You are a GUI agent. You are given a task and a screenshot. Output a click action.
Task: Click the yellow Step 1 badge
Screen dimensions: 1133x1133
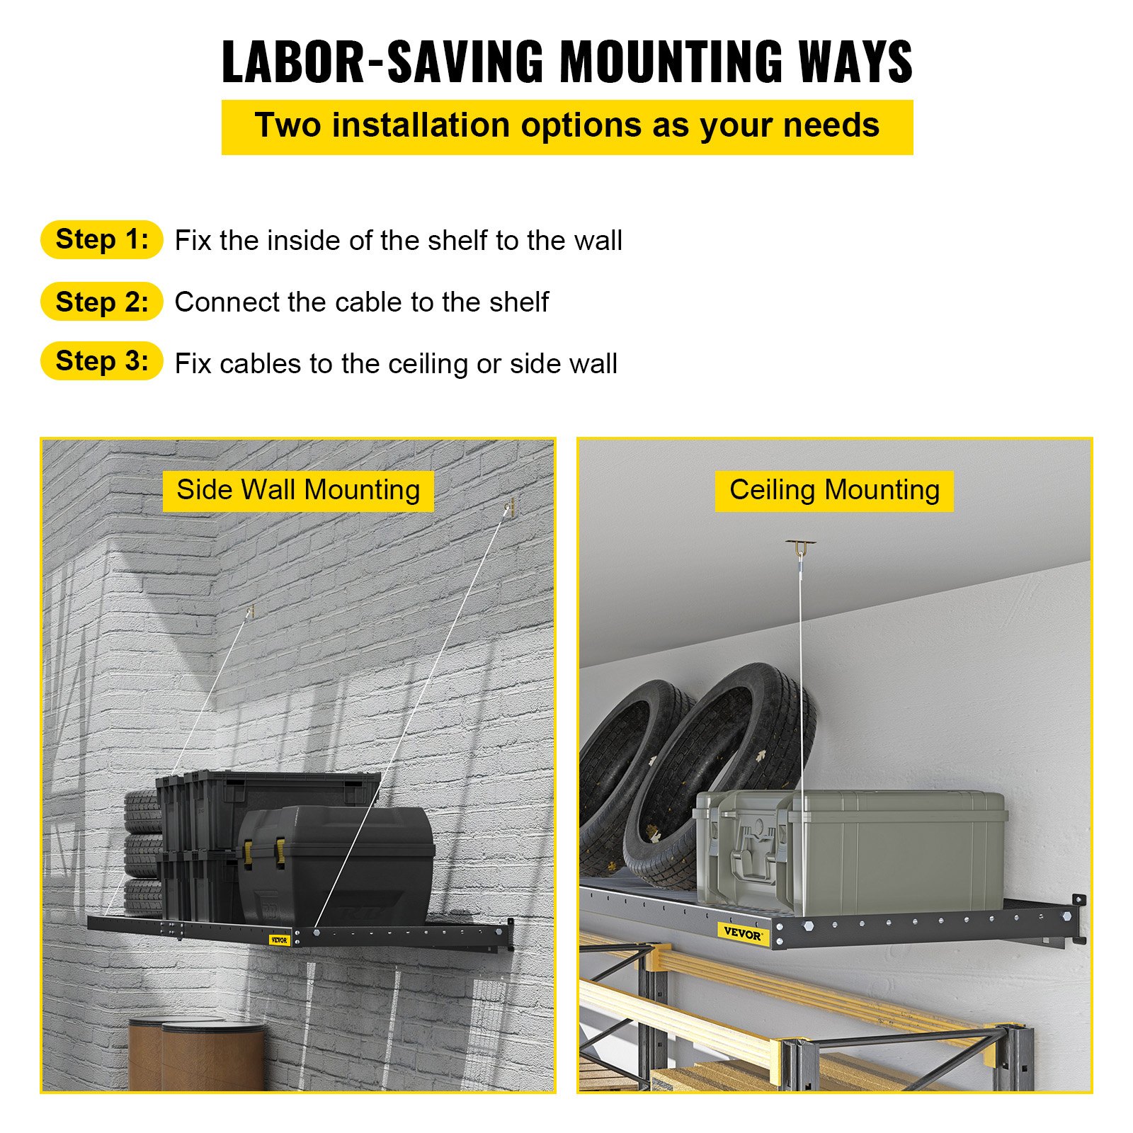point(102,239)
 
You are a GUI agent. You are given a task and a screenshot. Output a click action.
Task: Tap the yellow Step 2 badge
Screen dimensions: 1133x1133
point(102,301)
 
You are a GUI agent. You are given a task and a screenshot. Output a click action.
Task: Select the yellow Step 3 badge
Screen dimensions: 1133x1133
point(102,361)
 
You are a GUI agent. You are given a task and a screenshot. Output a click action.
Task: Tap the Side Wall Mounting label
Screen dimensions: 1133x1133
point(298,490)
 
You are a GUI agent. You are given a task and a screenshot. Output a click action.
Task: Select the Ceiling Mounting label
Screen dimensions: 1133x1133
point(834,490)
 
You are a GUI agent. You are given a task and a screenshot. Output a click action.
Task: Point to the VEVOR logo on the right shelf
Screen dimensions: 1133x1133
point(742,933)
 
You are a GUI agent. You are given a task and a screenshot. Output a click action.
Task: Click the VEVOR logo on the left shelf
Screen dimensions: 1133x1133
point(280,940)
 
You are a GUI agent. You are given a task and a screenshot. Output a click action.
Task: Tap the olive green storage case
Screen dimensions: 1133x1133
point(850,853)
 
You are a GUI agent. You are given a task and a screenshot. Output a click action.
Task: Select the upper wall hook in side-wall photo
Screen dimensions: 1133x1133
point(509,508)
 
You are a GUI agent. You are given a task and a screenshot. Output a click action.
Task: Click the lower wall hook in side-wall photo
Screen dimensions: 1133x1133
point(249,611)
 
